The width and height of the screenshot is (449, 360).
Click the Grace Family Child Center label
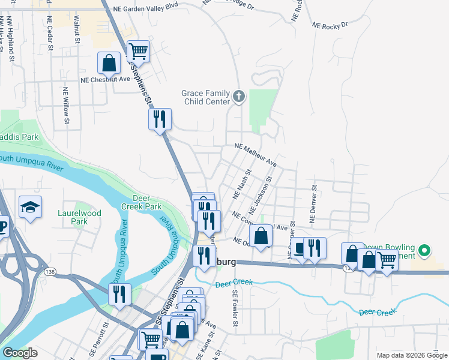(x=206, y=97)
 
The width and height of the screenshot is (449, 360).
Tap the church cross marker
(x=239, y=97)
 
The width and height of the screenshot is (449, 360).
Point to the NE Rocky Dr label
(x=330, y=26)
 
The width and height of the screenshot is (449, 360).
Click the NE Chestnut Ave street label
(x=106, y=79)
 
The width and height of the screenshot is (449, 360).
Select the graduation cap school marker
(x=30, y=207)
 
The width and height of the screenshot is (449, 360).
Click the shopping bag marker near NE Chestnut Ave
(x=109, y=62)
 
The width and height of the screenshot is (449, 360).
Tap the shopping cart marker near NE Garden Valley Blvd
(x=138, y=52)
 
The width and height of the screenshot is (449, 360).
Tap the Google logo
(x=20, y=353)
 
